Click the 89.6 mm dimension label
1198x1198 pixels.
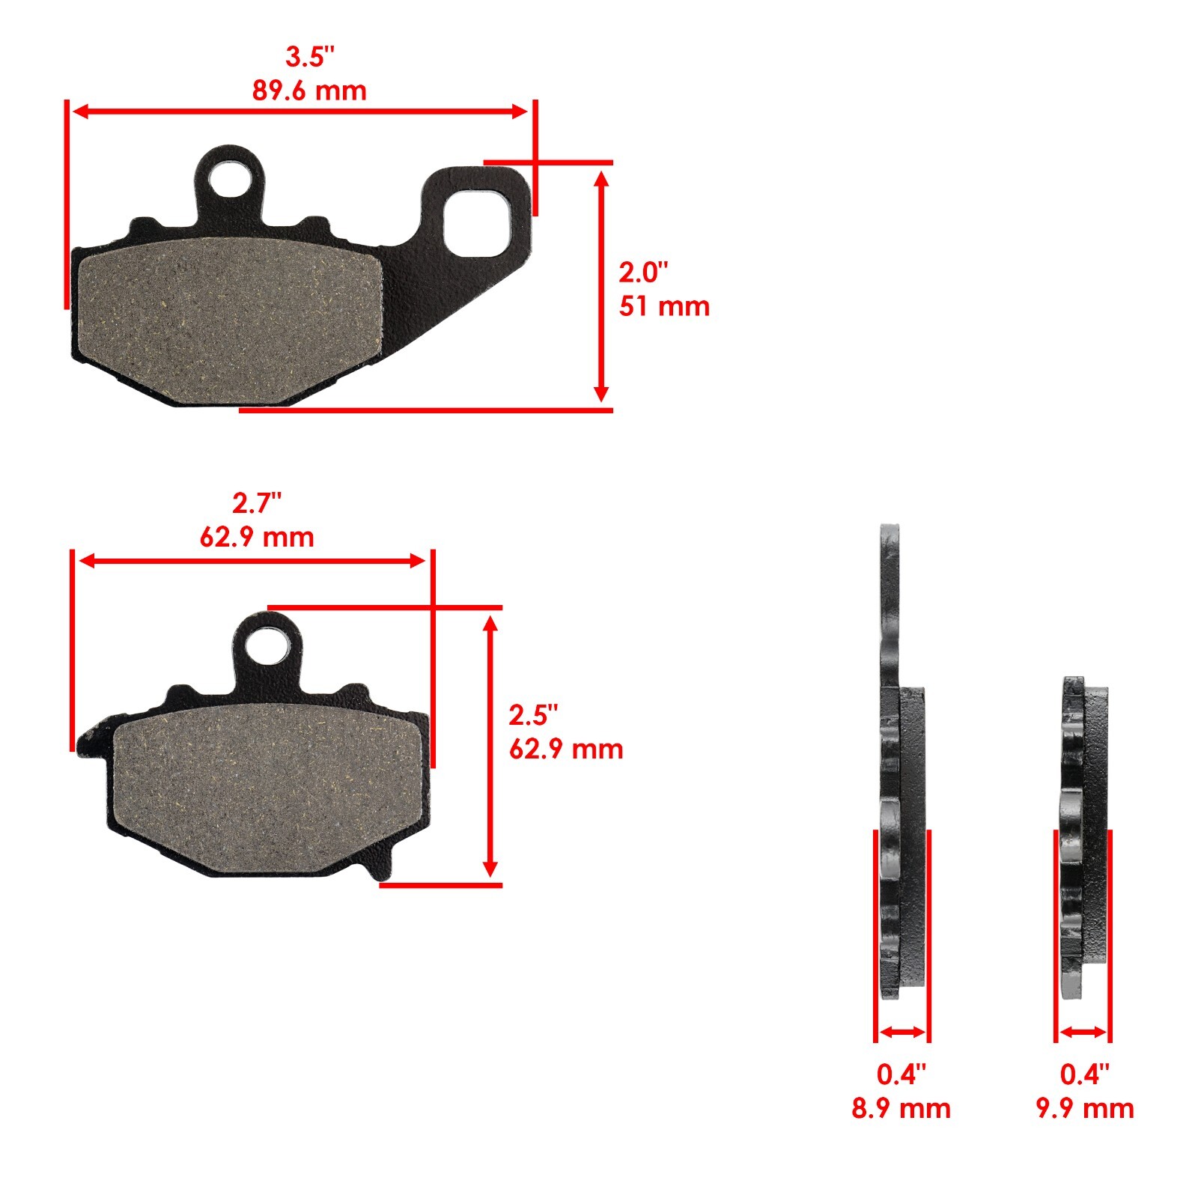(309, 91)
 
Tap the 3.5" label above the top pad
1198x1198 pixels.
(309, 56)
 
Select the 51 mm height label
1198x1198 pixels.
(663, 306)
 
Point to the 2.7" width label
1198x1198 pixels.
(257, 503)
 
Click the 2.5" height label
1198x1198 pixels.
(533, 715)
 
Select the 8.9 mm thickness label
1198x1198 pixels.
(901, 1108)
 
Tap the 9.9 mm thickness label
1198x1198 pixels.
(1085, 1108)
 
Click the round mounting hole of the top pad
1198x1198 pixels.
(230, 180)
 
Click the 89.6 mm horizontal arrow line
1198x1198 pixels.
(299, 112)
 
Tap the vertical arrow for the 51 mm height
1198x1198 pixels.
(600, 285)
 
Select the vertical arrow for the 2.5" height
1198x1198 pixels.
(490, 745)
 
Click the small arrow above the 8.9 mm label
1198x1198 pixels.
(902, 1033)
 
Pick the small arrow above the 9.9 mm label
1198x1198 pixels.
(1083, 1033)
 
